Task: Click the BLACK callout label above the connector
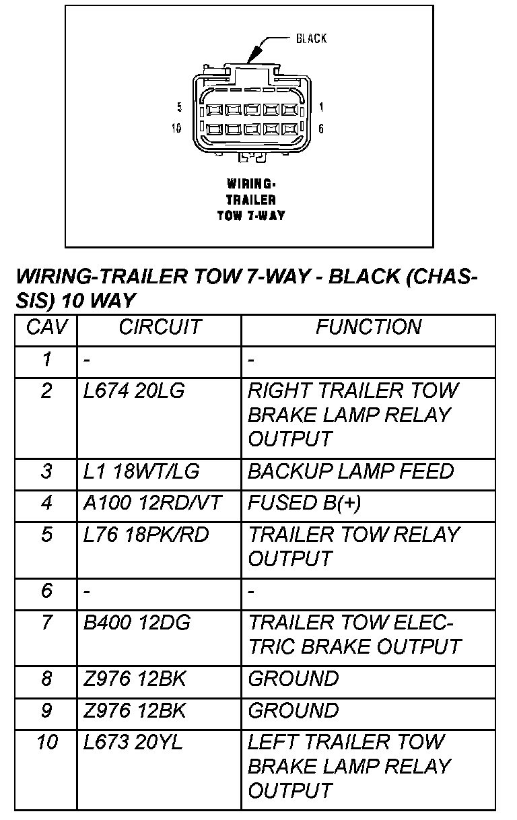[x=311, y=38]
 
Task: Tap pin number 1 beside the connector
[x=322, y=107]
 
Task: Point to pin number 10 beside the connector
[x=177, y=128]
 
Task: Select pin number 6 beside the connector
[x=321, y=128]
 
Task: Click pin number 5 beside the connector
[x=179, y=107]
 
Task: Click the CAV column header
[x=46, y=328]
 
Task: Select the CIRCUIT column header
[x=160, y=328]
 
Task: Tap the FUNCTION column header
[x=368, y=328]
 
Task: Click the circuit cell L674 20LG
[x=134, y=390]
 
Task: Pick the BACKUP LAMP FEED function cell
[x=350, y=471]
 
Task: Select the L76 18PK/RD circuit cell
[x=146, y=535]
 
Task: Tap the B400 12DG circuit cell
[x=137, y=623]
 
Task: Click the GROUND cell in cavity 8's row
[x=293, y=679]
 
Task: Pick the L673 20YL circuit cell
[x=133, y=743]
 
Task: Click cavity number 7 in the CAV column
[x=46, y=623]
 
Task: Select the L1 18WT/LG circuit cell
[x=141, y=471]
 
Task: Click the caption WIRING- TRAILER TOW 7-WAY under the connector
[x=250, y=200]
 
